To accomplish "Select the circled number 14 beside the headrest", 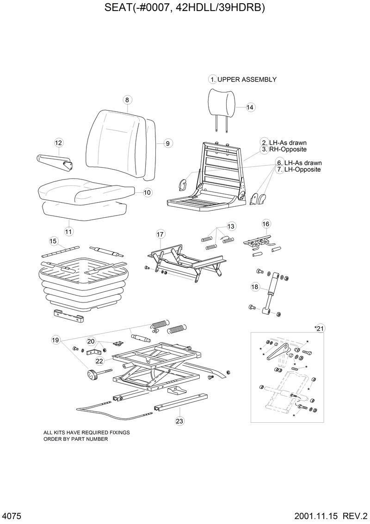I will pyautogui.click(x=250, y=107).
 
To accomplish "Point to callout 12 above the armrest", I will pyautogui.click(x=58, y=143).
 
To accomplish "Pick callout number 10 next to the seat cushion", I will pyautogui.click(x=147, y=192).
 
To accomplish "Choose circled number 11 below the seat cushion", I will pyautogui.click(x=69, y=231).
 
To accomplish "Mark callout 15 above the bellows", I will pyautogui.click(x=53, y=241).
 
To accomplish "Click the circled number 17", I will pyautogui.click(x=160, y=234).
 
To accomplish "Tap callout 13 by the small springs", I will pyautogui.click(x=231, y=226).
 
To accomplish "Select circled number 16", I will pyautogui.click(x=266, y=224).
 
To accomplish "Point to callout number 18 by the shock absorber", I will pyautogui.click(x=255, y=287).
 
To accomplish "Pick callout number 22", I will pyautogui.click(x=99, y=361).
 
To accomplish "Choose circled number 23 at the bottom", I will pyautogui.click(x=179, y=421).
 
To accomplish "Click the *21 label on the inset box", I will pyautogui.click(x=320, y=328).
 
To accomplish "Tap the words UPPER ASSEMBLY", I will pyautogui.click(x=247, y=80).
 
